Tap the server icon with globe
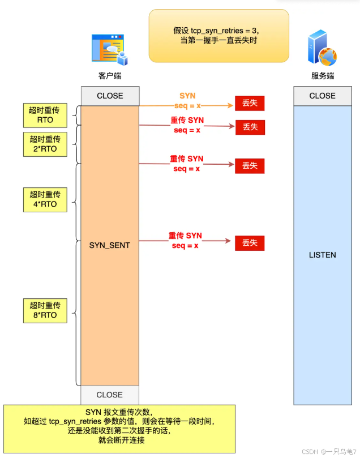point(322,49)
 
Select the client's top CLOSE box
point(110,96)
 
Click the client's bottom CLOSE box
point(110,395)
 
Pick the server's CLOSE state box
point(322,96)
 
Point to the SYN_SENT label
point(110,245)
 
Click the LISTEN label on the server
point(322,255)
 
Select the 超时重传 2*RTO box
point(44,145)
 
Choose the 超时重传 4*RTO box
point(44,199)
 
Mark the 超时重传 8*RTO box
point(44,310)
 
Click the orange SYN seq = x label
point(187,101)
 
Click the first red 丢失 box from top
point(250,104)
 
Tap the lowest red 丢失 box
point(250,243)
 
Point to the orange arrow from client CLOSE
point(187,106)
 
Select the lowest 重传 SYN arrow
point(187,241)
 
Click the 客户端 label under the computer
point(110,76)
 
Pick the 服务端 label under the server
point(322,76)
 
